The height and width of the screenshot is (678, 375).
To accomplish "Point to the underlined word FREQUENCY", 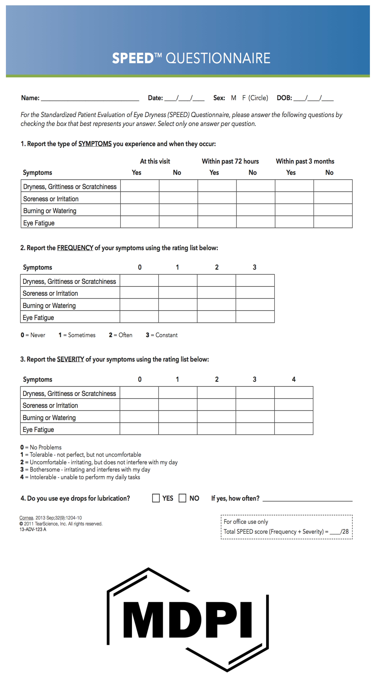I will (75, 248).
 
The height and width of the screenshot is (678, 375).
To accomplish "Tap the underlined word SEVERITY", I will (70, 359).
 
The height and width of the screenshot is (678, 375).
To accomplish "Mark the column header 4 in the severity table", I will (294, 379).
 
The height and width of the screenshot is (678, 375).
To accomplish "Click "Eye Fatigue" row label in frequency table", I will (38, 318).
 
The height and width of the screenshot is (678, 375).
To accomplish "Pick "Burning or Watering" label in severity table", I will (49, 418).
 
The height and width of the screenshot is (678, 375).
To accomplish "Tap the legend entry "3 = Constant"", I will (162, 335).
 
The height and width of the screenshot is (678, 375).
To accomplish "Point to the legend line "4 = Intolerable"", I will (80, 477).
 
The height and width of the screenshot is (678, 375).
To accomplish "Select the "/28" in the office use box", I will (344, 531).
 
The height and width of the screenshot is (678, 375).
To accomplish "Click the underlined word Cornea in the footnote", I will (26, 518).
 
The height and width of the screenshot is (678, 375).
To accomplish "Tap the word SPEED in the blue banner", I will (133, 58).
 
